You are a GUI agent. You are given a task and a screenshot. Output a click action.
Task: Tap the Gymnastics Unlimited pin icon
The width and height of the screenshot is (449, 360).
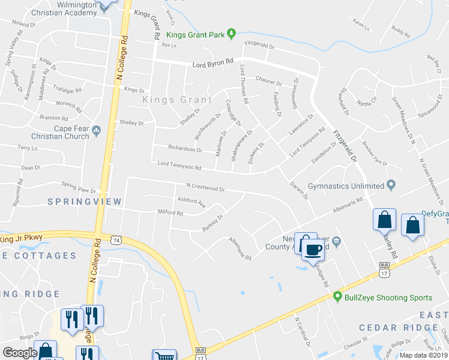coord(391,185)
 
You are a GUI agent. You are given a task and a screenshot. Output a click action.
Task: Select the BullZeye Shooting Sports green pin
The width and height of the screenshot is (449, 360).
coord(338,296)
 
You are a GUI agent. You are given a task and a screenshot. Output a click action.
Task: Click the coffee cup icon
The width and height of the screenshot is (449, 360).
coord(313,248)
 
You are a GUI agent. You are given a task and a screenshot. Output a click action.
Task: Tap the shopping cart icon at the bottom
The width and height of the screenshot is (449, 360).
coord(164,355)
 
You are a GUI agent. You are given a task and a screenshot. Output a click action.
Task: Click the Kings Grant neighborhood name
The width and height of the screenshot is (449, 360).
coord(177,100)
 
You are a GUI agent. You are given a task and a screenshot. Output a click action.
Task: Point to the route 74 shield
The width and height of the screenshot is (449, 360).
coord(115,239)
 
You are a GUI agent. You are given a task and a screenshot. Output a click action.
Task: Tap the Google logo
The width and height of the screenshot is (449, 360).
coord(20,353)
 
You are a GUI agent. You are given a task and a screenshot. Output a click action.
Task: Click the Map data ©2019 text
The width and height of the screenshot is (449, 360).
coord(423,355)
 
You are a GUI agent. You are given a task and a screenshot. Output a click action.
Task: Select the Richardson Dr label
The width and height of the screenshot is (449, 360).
coord(181,148)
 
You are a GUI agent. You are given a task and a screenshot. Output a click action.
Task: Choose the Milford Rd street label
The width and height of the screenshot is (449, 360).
coord(170,212)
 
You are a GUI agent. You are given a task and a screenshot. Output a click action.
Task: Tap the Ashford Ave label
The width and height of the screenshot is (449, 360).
coord(191,200)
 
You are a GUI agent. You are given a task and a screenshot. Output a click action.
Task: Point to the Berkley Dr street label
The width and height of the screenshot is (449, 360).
coord(212,223)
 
